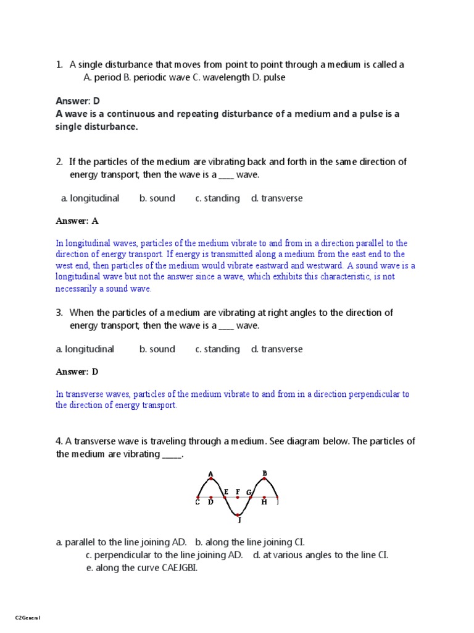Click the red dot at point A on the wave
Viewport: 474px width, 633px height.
[x=211, y=479]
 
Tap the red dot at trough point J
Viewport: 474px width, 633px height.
[x=238, y=514]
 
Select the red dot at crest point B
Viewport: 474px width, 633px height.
[x=264, y=479]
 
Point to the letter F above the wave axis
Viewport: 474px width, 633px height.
[x=238, y=491]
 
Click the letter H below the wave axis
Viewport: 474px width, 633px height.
[x=264, y=503]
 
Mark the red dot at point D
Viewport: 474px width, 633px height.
[x=211, y=497]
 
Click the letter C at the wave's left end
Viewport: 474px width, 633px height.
[x=197, y=503]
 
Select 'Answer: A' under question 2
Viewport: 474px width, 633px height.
[x=77, y=221]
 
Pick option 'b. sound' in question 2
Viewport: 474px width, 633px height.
[x=157, y=198]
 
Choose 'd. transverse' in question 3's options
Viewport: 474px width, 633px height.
[x=276, y=349]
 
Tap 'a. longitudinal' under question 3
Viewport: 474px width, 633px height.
[x=85, y=349]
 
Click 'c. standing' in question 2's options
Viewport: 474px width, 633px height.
[x=217, y=198]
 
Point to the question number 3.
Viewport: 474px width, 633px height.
[x=59, y=312]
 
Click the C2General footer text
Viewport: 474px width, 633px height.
[x=27, y=618]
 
